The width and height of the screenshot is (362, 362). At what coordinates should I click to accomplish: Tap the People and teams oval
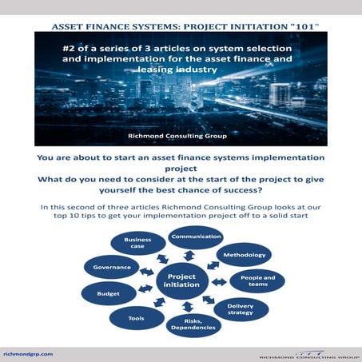coord(257,281)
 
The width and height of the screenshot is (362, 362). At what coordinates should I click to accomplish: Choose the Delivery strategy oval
coord(241,309)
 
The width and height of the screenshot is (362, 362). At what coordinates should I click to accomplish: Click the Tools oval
coord(135,316)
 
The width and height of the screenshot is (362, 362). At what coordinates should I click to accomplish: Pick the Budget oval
coord(108,293)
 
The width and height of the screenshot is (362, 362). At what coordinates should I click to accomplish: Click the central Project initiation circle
coord(181,281)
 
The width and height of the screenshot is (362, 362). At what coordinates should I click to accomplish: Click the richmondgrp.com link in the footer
coord(30,352)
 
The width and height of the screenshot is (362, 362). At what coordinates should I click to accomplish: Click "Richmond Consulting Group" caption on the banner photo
coord(181,134)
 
